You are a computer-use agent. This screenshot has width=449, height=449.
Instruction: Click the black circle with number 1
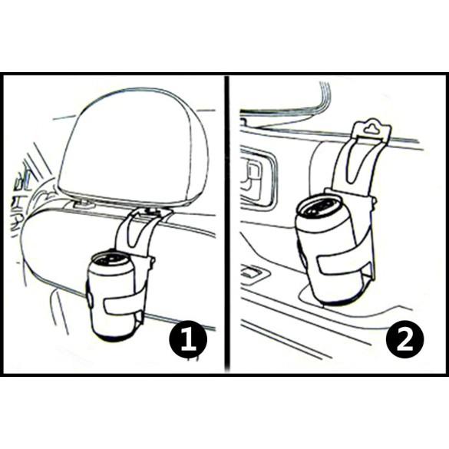click(x=188, y=339)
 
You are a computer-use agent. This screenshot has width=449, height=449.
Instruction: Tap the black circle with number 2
click(x=404, y=339)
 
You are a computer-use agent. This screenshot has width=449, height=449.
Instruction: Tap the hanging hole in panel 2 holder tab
click(x=371, y=128)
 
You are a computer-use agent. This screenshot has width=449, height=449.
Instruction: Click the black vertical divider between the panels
click(x=226, y=223)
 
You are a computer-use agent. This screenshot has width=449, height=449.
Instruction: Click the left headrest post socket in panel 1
click(x=83, y=204)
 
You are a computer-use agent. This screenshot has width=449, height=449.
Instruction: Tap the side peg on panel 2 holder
click(x=374, y=200)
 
